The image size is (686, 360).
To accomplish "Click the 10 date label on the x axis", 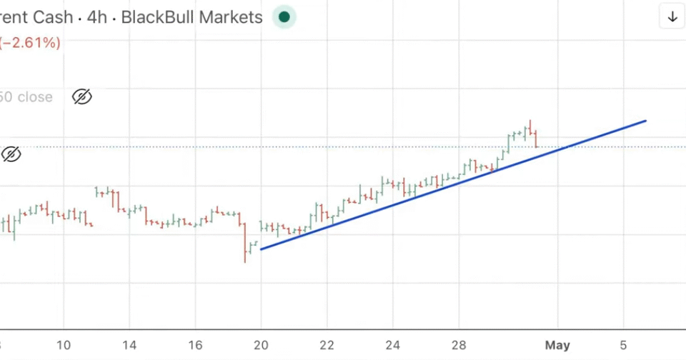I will pos(64,345).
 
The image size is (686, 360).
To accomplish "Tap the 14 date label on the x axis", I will pos(129,345).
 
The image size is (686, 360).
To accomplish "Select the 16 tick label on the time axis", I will pos(195,345).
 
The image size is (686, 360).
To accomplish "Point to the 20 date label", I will pos(261,345).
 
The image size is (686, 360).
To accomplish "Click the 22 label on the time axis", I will pos(327,345).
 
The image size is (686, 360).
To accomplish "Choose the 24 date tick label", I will pos(393,345).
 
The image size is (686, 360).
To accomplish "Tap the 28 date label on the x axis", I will pos(459,345).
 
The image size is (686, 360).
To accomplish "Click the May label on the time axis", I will pos(557,345).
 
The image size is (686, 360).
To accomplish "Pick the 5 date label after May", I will pos(624,345).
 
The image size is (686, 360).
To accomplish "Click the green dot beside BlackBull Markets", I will pos(284,17).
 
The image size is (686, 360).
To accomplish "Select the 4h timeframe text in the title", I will pos(98,17).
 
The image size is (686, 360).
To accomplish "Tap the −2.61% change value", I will pos(30,43).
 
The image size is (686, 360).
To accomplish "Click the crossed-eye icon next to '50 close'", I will pos(82,97).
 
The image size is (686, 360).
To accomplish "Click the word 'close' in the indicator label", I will pos(34,97).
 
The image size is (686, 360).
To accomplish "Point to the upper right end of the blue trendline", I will pos(646,121).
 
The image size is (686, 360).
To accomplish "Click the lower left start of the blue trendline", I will pos(262,249).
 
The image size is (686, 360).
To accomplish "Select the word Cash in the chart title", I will pos(53,17).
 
